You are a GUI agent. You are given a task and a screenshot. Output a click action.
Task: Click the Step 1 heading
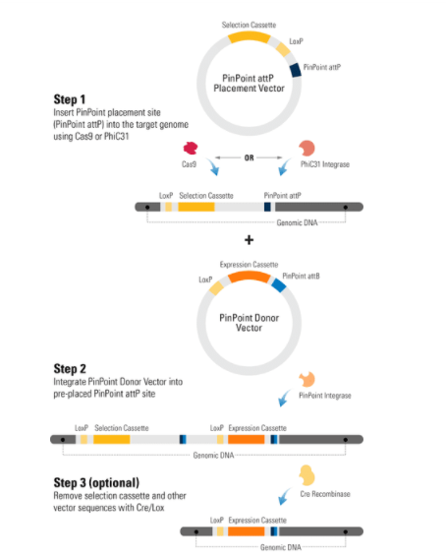70,99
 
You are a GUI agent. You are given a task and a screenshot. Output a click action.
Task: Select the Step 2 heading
70,369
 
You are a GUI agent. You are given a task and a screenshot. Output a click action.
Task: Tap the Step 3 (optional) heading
96,482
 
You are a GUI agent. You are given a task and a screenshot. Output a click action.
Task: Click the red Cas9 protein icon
191,148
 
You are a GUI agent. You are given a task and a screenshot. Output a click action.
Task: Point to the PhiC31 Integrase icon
307,148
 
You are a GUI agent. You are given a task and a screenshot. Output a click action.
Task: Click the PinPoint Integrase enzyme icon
307,379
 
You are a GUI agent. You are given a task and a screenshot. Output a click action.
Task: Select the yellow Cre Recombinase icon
307,475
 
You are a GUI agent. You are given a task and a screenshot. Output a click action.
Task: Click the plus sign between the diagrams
250,240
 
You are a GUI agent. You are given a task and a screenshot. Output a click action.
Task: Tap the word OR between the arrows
250,157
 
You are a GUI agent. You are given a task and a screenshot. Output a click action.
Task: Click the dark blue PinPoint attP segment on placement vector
296,70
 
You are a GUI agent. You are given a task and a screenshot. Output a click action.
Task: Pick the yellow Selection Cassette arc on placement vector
250,36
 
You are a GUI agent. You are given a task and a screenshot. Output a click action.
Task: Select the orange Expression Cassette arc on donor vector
250,277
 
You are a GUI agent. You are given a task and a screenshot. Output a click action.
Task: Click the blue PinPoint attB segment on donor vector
279,284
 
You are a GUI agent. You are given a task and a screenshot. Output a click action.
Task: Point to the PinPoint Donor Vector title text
250,323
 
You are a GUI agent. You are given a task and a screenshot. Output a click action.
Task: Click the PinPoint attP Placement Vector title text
250,83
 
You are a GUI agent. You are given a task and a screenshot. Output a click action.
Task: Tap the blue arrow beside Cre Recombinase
284,496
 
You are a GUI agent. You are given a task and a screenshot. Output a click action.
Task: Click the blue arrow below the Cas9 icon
213,167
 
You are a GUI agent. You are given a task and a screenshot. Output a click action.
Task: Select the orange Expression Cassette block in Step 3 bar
247,531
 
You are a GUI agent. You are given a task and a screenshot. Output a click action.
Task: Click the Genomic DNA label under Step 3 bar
281,547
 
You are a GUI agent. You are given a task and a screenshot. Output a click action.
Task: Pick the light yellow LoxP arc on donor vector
216,287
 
